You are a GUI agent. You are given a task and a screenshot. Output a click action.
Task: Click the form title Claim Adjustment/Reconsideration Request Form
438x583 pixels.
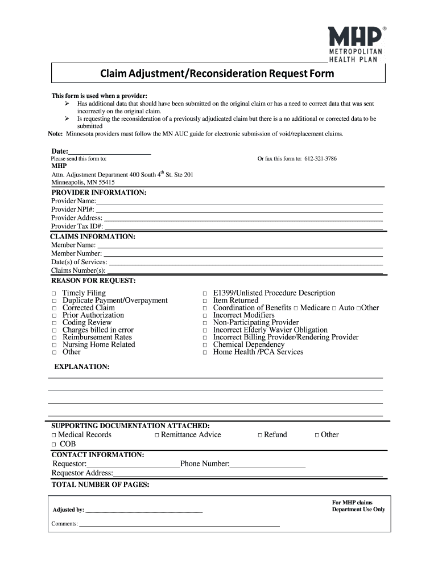point(218,73)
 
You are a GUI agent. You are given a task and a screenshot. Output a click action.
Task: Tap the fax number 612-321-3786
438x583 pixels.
point(321,158)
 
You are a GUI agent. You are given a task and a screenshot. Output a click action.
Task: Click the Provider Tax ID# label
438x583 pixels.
point(77,226)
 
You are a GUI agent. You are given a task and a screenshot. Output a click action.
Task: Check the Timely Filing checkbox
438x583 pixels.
point(55,294)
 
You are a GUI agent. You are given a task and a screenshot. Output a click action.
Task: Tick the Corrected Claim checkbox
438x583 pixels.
point(55,309)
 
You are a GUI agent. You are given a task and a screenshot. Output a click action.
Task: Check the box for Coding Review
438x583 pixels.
point(55,323)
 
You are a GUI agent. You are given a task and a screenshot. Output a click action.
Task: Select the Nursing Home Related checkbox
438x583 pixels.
point(55,346)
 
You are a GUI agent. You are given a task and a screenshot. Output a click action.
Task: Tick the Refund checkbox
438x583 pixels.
point(259,436)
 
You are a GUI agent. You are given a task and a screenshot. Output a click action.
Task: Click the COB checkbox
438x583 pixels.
point(55,445)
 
